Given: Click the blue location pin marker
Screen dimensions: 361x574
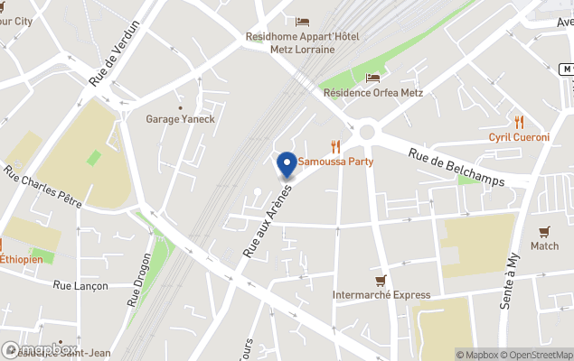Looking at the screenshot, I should (287, 164).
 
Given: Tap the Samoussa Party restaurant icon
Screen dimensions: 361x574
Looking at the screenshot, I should (335, 146).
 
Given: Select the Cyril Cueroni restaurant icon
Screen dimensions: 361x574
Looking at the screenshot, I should (519, 122).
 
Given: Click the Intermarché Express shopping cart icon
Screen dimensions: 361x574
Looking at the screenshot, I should (381, 281).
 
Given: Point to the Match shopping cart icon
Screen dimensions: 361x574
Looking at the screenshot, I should (544, 232).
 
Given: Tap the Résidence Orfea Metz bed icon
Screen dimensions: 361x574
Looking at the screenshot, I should (372, 78).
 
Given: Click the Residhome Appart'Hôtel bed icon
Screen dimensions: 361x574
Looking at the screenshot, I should (302, 22).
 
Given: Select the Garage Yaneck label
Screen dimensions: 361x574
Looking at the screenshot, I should (181, 118).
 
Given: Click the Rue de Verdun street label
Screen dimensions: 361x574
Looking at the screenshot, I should (116, 53).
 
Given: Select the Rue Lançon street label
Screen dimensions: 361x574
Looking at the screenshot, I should (80, 286).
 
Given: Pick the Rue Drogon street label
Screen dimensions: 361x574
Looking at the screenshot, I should (140, 280).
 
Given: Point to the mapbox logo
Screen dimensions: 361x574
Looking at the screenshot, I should (41, 349).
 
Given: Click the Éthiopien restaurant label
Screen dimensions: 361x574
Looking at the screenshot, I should (20, 259).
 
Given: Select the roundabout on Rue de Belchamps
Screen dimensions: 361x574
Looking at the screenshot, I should (366, 132).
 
